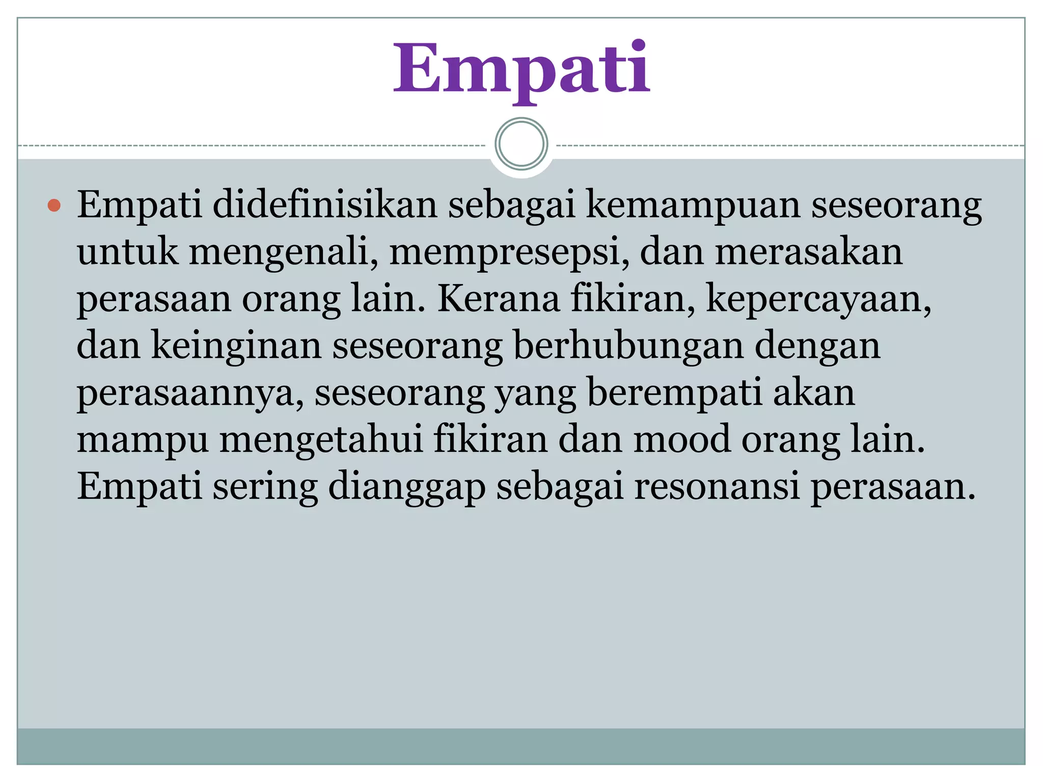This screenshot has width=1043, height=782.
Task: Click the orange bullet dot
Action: (x=54, y=206)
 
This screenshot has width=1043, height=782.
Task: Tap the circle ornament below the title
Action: (x=521, y=144)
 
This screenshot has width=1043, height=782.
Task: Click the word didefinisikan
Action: (x=324, y=205)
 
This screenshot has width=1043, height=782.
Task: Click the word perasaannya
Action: (x=190, y=393)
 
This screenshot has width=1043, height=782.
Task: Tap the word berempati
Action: (x=675, y=393)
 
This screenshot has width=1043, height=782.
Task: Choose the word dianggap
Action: (x=406, y=487)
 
